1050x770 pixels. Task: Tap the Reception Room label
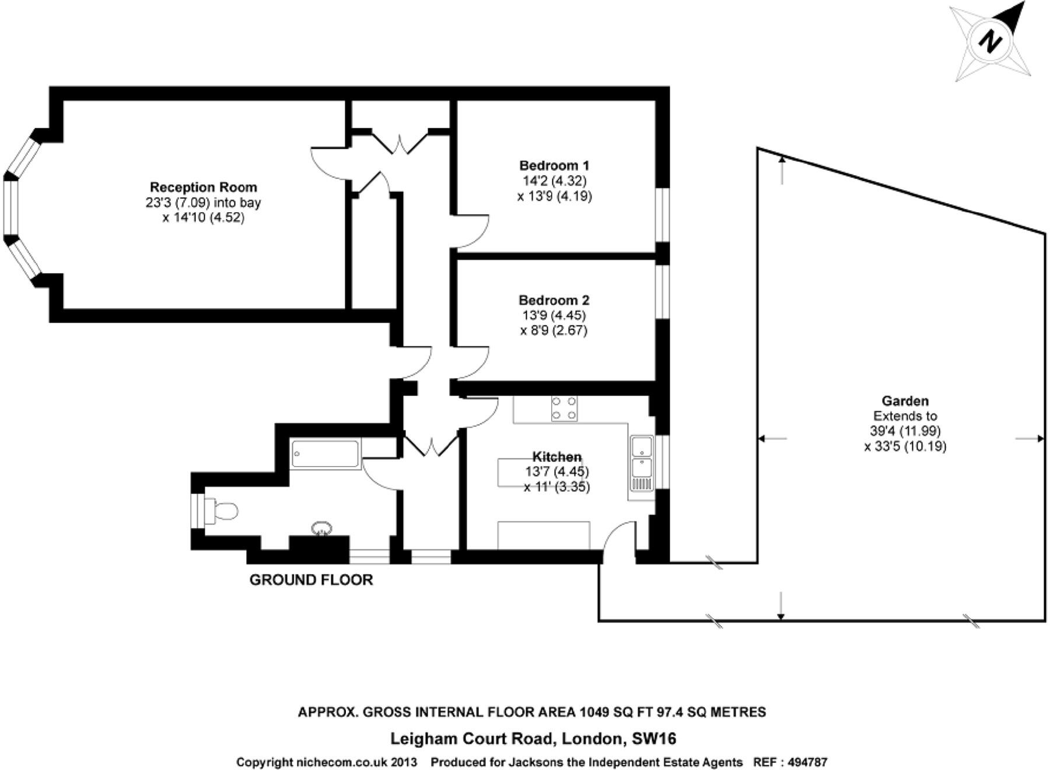pyautogui.click(x=203, y=187)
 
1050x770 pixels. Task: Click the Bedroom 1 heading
pyautogui.click(x=554, y=165)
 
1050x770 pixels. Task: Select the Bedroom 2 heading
pyautogui.click(x=554, y=300)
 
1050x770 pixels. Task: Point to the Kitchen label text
pyautogui.click(x=556, y=457)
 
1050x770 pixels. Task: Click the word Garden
pyautogui.click(x=905, y=401)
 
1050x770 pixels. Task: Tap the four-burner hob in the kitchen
pyautogui.click(x=564, y=408)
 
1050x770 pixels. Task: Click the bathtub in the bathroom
pyautogui.click(x=325, y=454)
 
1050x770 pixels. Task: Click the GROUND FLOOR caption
pyautogui.click(x=311, y=580)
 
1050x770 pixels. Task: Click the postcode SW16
pyautogui.click(x=654, y=739)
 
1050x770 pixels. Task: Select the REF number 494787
pyautogui.click(x=807, y=762)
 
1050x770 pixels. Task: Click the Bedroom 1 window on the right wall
pyautogui.click(x=662, y=215)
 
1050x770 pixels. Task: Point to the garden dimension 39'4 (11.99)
pyautogui.click(x=905, y=431)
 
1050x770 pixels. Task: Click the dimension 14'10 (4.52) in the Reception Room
pyautogui.click(x=203, y=218)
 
